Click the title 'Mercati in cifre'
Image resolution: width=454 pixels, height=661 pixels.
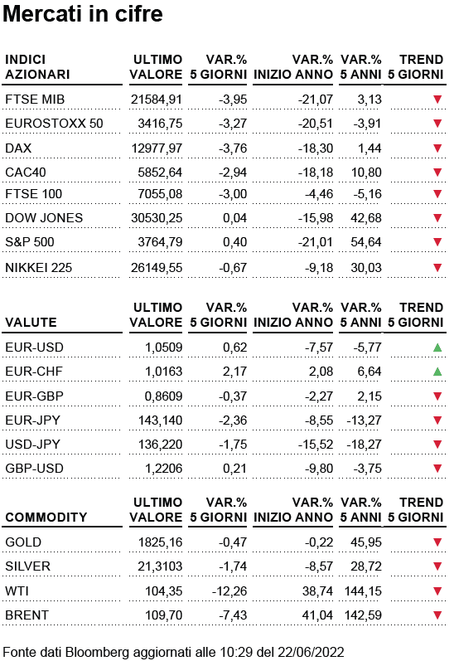pos(83,14)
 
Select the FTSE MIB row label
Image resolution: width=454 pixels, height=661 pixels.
pos(35,100)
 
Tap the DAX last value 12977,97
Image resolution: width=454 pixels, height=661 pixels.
pos(157,148)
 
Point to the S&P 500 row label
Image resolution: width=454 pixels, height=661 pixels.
pos(30,242)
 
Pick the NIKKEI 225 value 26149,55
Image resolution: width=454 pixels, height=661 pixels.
pos(157,268)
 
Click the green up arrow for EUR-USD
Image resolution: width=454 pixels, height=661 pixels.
pos(437,348)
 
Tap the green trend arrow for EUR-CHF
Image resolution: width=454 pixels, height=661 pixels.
pos(437,372)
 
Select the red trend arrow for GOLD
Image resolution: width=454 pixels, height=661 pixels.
pos(437,542)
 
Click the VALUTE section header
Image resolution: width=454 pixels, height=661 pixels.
pos(31,323)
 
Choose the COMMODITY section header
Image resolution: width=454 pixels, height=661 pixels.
pos(46,518)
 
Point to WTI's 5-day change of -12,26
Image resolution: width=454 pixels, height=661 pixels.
pos(229,591)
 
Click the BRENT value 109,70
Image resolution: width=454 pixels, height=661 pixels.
pos(164,615)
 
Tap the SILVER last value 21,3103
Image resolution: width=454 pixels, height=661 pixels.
pos(160,566)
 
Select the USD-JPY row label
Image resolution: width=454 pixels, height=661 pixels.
pos(33,445)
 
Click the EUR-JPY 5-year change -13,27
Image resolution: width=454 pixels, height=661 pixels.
pos(364,420)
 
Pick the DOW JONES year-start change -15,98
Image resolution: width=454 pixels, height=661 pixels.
pos(316,218)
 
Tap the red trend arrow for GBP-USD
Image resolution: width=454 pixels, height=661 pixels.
pos(437,469)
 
